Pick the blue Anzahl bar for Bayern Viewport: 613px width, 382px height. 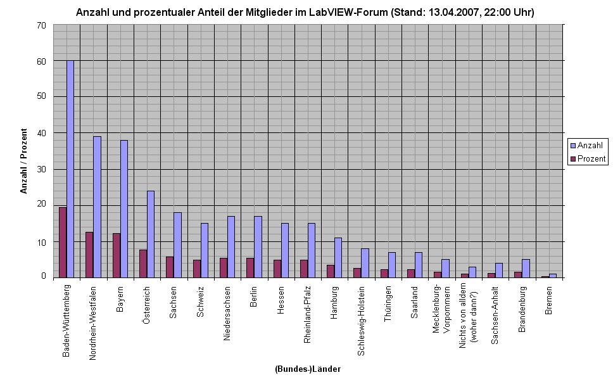(124, 209)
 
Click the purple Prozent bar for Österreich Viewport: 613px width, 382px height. (143, 264)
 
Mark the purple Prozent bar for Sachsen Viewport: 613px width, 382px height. (170, 267)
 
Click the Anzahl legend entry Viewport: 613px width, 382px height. (588, 146)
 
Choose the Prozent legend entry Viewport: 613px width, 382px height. (588, 158)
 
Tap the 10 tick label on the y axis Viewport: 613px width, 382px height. (41, 242)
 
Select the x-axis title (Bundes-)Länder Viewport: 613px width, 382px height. (308, 369)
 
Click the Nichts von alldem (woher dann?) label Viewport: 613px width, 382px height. (469, 316)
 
